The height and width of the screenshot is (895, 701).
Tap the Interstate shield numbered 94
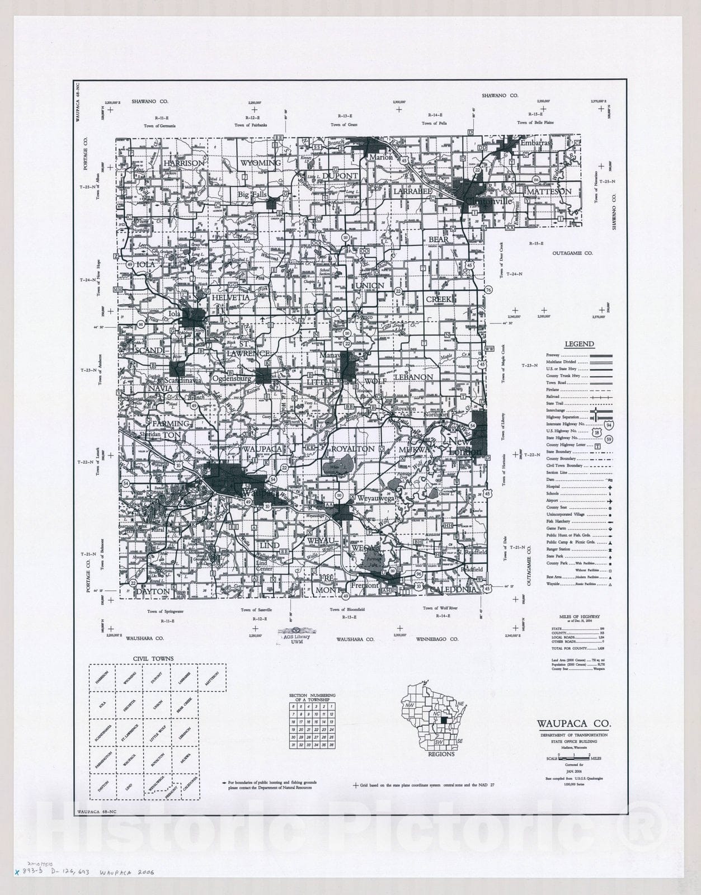coord(608,425)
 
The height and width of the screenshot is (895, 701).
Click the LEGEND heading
coord(579,344)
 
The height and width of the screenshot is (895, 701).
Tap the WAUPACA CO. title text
coord(570,723)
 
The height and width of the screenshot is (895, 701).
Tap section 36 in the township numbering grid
coord(332,745)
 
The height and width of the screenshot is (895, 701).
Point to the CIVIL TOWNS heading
coord(153,658)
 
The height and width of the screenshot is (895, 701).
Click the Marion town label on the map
coord(381,157)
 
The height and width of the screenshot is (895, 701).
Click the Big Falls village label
coord(252,195)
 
